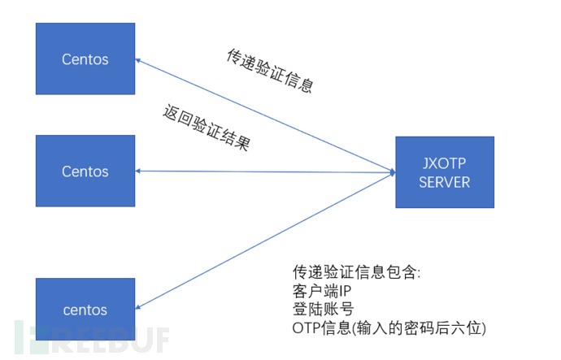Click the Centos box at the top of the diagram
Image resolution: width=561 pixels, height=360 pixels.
click(85, 59)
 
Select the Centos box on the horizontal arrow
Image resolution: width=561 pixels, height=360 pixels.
click(85, 171)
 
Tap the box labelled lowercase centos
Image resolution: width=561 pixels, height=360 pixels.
click(85, 309)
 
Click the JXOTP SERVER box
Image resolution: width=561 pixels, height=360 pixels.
click(444, 172)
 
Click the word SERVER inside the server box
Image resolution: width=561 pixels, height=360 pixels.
click(444, 182)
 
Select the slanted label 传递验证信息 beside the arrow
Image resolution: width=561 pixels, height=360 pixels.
click(269, 70)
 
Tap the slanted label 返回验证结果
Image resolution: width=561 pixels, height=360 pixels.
click(206, 128)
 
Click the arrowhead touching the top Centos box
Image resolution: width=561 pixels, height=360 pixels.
click(138, 59)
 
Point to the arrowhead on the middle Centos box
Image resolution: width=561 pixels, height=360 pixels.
click(138, 171)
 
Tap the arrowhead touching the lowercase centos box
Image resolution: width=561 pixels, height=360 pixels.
click(138, 307)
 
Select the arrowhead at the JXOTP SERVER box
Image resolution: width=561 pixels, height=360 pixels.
click(393, 172)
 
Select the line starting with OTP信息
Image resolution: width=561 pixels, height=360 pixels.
click(389, 328)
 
